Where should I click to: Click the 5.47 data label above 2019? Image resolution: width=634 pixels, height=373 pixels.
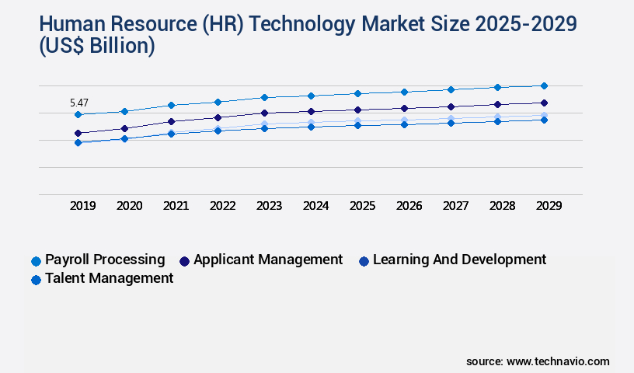[x=78, y=103]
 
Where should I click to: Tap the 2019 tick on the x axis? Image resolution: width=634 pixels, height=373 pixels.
[x=83, y=206]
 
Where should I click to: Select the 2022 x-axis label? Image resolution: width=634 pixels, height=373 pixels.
[x=222, y=206]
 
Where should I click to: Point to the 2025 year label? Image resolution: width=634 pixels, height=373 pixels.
[x=361, y=206]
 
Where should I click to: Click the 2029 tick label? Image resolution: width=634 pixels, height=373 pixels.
[x=548, y=206]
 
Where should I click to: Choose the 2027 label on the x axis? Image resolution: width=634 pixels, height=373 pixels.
[x=455, y=206]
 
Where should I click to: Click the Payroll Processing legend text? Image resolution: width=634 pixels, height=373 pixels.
[x=105, y=260]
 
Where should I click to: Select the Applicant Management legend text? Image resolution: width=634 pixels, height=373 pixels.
[x=268, y=260]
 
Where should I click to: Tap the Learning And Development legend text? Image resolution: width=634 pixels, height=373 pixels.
[x=459, y=260]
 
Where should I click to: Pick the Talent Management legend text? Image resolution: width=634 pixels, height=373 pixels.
[x=109, y=278]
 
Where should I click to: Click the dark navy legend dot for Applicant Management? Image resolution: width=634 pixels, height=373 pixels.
[x=184, y=261]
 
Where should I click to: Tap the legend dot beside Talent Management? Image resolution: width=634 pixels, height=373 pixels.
[x=36, y=280]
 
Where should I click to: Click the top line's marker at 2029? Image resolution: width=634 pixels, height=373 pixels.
[x=544, y=85]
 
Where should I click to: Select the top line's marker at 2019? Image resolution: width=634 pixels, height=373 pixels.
[x=78, y=114]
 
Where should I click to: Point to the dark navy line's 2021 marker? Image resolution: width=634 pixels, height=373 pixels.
[x=172, y=121]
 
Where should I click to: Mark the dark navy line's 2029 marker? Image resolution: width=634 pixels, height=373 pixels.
[x=544, y=103]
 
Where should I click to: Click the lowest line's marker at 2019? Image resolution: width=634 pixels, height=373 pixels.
[x=78, y=143]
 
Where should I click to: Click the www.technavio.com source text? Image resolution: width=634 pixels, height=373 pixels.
[x=558, y=361]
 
